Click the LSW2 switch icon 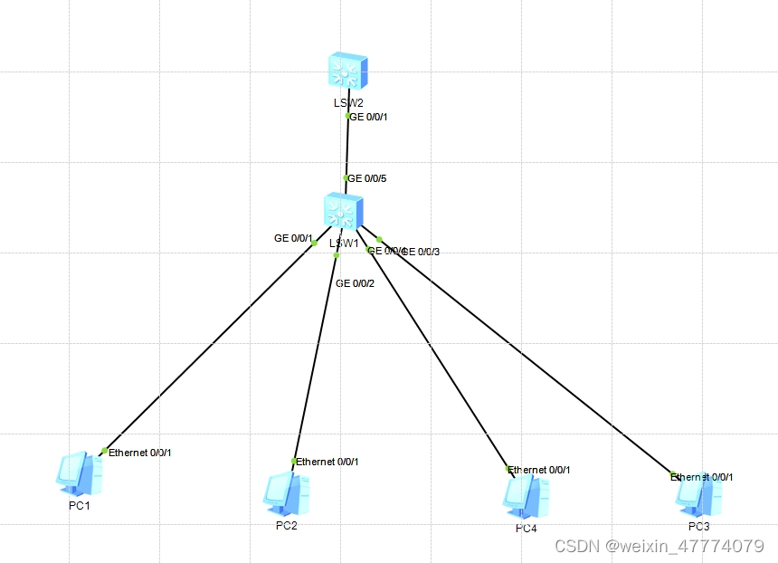348,70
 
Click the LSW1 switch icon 343,212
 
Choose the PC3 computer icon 698,494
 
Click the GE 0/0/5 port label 368,178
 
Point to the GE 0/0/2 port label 355,283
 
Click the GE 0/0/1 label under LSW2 369,117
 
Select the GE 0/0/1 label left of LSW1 292,238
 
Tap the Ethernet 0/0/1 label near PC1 140,452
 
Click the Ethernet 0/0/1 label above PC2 327,462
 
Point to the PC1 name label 80,505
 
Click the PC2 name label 287,526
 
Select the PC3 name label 698,526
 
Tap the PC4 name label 526,528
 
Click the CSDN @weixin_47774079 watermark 659,546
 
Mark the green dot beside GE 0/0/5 346,178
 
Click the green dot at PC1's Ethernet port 105,451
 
